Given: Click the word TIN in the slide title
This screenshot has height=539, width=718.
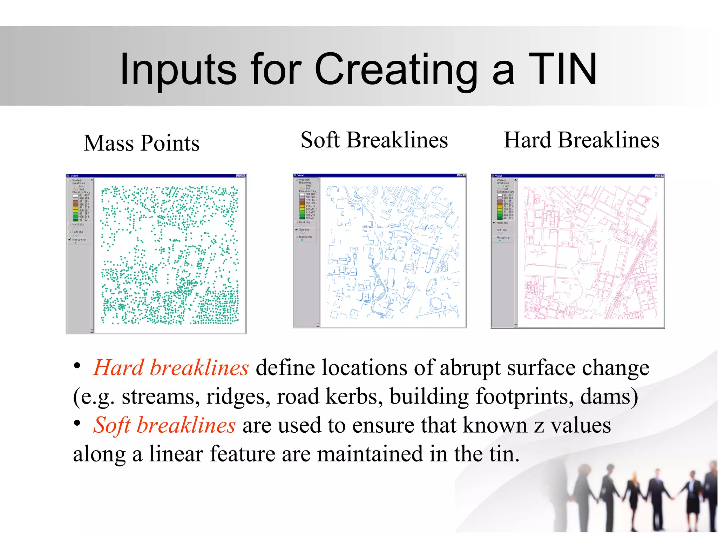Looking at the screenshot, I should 562,69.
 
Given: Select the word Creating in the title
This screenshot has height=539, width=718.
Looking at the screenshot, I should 396,69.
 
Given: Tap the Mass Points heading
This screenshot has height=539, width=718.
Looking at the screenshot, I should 142,143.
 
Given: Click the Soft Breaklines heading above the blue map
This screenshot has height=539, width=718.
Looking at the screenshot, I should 374,140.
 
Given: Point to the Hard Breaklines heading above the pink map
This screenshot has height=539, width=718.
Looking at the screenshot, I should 581,140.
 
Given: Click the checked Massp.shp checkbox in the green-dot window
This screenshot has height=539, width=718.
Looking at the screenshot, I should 70,239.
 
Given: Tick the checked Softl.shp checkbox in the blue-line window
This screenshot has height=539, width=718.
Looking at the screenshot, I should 297,229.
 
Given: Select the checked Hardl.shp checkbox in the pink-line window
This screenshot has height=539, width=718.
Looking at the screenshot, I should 494,223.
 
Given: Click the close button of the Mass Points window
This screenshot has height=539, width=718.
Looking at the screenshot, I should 244,175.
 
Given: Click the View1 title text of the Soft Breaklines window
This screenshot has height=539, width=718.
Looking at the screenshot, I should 301,175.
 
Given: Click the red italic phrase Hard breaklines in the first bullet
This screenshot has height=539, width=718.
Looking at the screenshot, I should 171,368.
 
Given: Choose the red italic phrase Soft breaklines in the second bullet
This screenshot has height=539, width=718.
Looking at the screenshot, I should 164,425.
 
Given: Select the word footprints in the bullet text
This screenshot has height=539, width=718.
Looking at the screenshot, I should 524,397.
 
